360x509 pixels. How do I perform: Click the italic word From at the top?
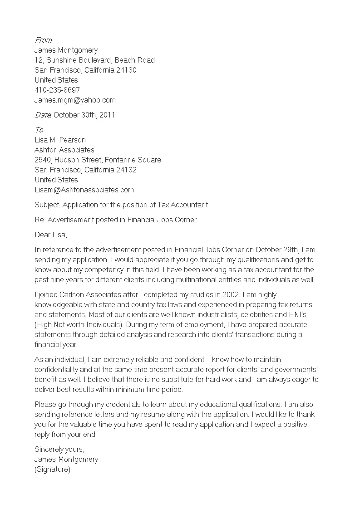(43, 40)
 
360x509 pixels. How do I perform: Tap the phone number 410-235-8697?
(57, 90)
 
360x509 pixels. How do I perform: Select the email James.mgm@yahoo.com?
(75, 100)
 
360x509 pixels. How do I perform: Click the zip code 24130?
(127, 70)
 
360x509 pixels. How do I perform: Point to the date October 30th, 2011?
(84, 115)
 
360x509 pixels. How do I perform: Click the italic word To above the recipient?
(39, 130)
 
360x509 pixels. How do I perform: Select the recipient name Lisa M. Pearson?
(60, 140)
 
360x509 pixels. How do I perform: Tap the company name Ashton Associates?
(64, 150)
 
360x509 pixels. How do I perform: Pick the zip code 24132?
(127, 170)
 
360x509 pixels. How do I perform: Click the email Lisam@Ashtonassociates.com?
(84, 190)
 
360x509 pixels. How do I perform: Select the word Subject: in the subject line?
(47, 205)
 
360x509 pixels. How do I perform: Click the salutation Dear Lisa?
(51, 235)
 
